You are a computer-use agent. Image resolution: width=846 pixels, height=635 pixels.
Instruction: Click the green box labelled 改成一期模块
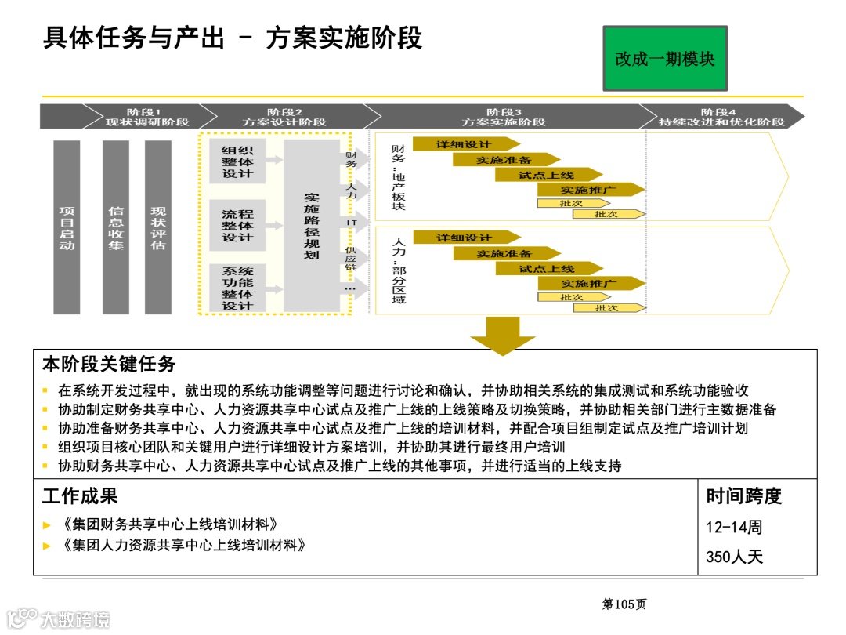point(664,58)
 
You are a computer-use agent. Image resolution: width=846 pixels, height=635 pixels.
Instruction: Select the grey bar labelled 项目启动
point(67,227)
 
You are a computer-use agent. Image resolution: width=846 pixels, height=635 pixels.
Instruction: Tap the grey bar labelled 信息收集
point(116,227)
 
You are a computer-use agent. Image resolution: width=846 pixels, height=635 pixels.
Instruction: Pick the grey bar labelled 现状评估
point(158,227)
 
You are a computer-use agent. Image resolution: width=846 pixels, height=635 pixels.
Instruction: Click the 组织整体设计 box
point(237,162)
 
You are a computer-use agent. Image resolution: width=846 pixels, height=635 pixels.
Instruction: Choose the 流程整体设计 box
point(237,225)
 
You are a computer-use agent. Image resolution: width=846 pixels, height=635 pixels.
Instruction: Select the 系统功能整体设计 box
point(237,288)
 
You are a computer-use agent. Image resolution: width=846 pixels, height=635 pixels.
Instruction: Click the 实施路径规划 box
point(312,227)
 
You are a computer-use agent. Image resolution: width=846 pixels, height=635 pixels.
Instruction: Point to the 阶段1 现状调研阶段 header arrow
point(125,117)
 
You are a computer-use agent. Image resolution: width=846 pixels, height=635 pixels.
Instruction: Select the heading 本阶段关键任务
point(109,365)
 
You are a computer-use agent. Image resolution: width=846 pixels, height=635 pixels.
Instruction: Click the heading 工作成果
point(80,496)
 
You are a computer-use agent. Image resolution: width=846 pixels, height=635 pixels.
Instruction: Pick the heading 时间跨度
point(744,496)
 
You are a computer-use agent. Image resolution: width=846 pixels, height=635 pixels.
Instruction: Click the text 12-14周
point(734,527)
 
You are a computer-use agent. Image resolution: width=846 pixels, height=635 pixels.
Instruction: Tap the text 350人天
point(734,557)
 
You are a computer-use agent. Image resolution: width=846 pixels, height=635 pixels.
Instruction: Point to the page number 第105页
point(624,604)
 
